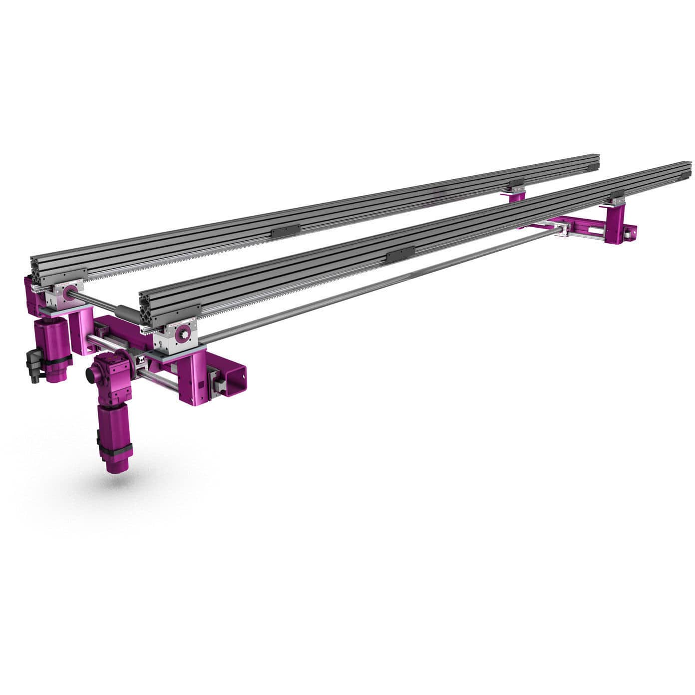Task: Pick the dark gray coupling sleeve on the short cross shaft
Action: tap(125, 314)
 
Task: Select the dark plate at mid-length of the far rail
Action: tap(286, 231)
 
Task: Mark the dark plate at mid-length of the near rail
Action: tap(401, 254)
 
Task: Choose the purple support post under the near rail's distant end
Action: tap(615, 224)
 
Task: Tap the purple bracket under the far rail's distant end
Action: tap(516, 195)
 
